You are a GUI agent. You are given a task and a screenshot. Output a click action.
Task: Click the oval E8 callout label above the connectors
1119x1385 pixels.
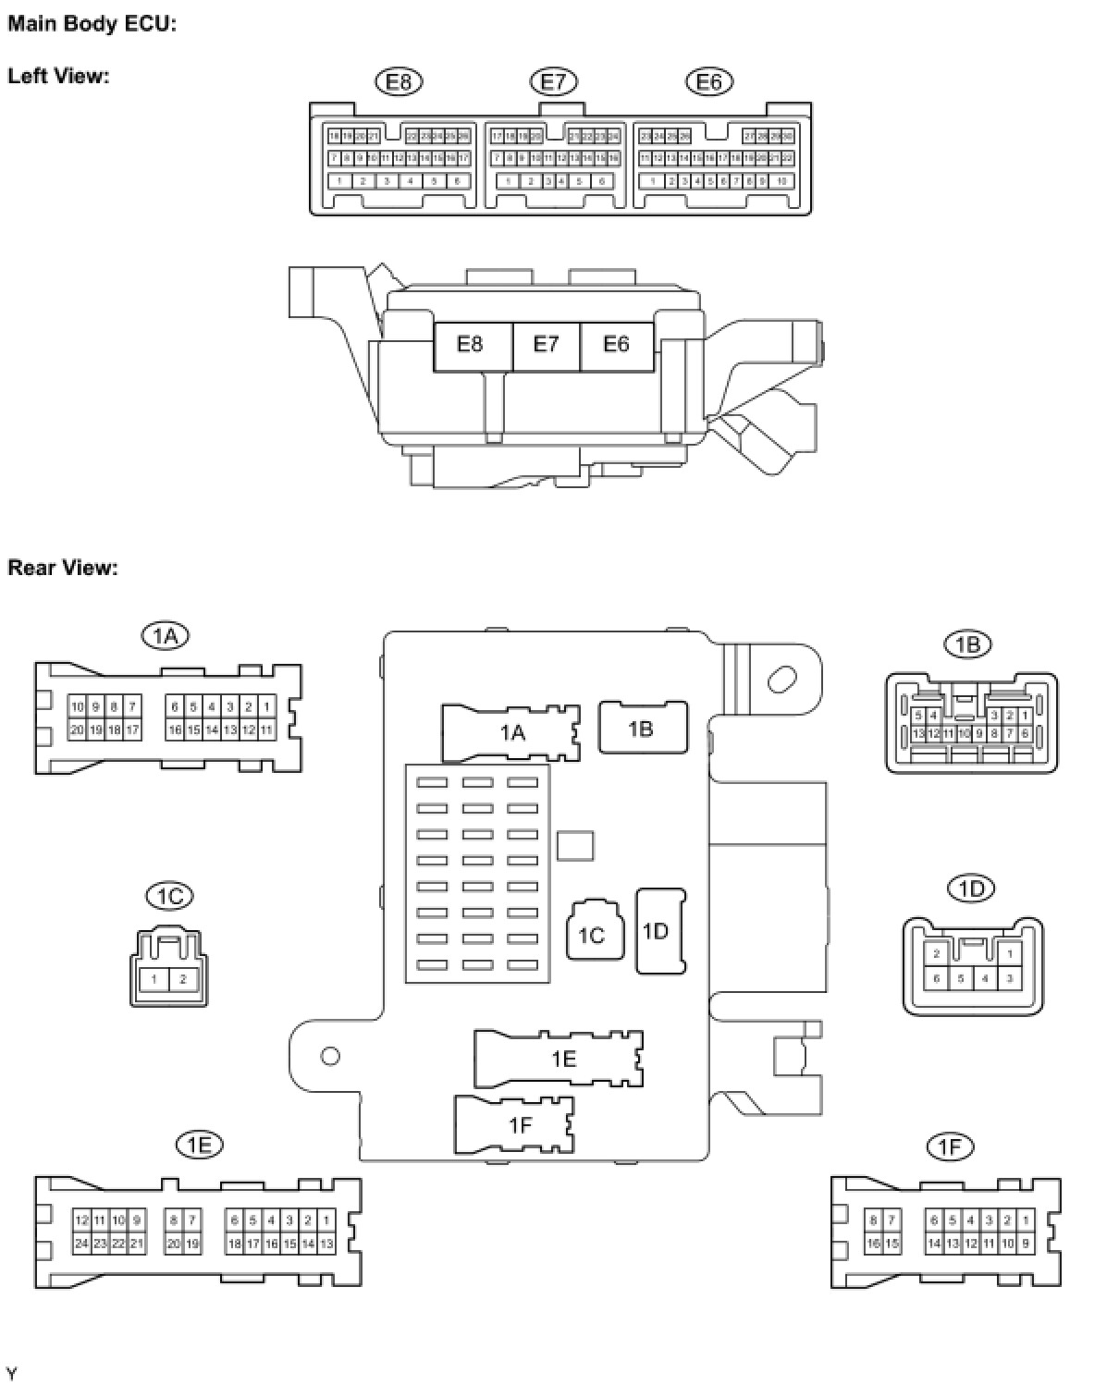tap(399, 82)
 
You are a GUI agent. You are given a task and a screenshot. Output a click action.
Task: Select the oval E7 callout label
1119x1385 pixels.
tap(553, 82)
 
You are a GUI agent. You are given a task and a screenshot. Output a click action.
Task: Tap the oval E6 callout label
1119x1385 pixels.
tap(709, 82)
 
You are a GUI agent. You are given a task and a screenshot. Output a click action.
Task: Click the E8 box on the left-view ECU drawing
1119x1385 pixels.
tap(472, 345)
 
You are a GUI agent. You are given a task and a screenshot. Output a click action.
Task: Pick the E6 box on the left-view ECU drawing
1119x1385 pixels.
tap(617, 345)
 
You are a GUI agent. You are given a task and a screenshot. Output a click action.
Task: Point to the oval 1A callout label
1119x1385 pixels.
tap(166, 635)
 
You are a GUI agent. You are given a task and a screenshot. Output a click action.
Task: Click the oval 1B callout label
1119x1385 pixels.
tap(967, 643)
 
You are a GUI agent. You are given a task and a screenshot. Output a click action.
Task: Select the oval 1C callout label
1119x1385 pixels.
tap(170, 896)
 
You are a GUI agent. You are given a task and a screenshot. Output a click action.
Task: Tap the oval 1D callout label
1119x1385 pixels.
tap(971, 889)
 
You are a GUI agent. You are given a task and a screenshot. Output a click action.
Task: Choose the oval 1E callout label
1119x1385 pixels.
tap(200, 1146)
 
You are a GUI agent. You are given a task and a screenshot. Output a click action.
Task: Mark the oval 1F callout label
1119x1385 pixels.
tap(950, 1147)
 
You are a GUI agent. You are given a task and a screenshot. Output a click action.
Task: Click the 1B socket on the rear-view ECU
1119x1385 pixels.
tap(643, 729)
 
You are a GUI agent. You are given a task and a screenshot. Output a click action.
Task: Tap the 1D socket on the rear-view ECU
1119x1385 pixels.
tap(659, 931)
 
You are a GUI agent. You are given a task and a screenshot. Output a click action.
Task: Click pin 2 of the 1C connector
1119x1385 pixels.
tap(183, 980)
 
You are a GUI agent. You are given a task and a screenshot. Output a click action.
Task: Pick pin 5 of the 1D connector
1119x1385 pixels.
tap(961, 978)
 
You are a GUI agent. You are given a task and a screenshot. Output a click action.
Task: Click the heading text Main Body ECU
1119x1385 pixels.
tap(92, 24)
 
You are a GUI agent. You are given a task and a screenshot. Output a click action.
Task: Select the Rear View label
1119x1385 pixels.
tap(63, 567)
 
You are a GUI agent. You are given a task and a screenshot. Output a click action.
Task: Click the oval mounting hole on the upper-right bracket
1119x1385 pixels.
tap(781, 680)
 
